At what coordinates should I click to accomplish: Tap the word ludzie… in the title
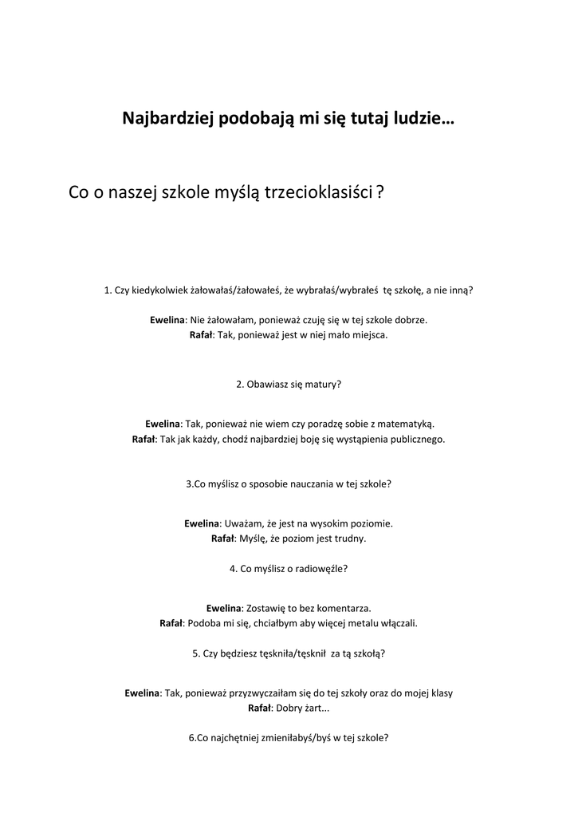(x=423, y=119)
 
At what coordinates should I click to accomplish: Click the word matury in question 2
(x=323, y=384)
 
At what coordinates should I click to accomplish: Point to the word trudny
(x=351, y=539)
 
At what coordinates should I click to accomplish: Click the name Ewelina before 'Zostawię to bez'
(x=223, y=608)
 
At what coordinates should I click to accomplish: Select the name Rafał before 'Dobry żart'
(x=260, y=708)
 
